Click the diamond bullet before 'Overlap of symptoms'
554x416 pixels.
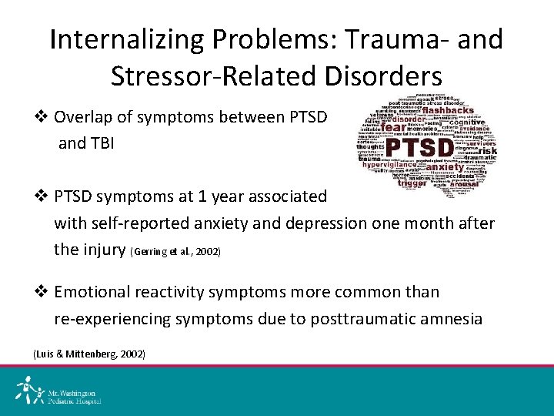43,118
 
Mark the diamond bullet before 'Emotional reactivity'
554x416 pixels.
43,292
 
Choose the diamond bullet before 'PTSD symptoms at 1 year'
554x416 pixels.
43,196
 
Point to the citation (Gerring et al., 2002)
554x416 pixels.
175,252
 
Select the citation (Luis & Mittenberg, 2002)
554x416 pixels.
88,354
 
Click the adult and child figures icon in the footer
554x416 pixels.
30,390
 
